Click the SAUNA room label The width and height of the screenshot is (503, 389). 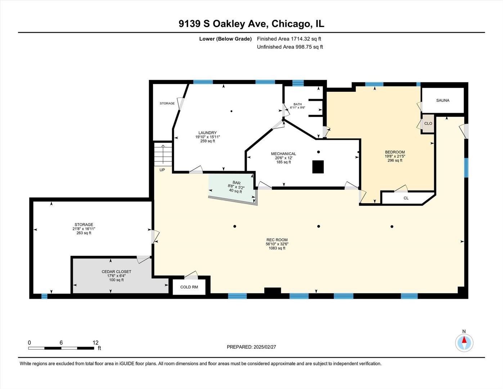click(x=443, y=100)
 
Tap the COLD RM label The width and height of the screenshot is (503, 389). click(x=189, y=287)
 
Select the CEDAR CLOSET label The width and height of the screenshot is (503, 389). click(x=116, y=272)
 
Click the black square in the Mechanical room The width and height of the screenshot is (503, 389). click(x=318, y=167)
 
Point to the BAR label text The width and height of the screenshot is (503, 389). click(x=237, y=183)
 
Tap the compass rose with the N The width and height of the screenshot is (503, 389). click(x=464, y=343)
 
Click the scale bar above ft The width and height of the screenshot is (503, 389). click(x=61, y=348)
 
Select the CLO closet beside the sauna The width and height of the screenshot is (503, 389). click(x=428, y=124)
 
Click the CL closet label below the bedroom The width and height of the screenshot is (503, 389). click(x=406, y=198)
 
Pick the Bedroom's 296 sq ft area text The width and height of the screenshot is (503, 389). click(x=395, y=160)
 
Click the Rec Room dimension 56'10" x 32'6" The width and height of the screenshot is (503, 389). click(x=277, y=244)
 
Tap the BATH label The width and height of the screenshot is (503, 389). click(x=297, y=104)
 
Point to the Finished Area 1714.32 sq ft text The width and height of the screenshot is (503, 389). click(x=289, y=39)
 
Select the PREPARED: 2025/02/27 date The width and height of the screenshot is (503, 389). click(x=251, y=347)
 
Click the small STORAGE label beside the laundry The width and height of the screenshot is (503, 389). click(x=167, y=103)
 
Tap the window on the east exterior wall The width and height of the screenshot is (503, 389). click(x=466, y=168)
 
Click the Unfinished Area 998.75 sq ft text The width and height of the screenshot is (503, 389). click(x=289, y=47)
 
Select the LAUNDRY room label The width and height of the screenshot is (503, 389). click(x=207, y=133)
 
